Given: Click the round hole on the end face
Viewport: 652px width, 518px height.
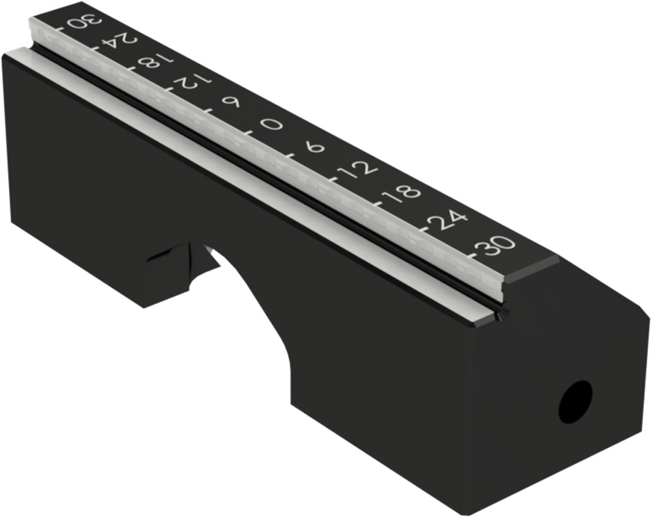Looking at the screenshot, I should (576, 401).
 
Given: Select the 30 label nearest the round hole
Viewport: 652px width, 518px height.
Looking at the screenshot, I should (497, 247).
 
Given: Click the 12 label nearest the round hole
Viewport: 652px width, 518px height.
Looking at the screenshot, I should (357, 168).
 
